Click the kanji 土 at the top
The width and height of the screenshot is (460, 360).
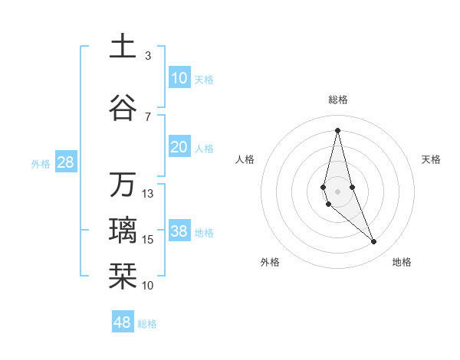coord(122,46)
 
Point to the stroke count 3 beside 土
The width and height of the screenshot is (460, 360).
coord(148,56)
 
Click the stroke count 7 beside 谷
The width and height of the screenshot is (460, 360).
coord(148,117)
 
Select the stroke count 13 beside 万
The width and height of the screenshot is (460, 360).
coord(148,194)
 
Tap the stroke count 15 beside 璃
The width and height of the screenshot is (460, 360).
coord(148,240)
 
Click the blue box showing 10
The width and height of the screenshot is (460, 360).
coord(179,77)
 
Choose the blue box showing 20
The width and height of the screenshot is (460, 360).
coord(179,147)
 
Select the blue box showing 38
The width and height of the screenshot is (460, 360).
coord(179,231)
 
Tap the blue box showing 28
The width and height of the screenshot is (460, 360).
coord(65,162)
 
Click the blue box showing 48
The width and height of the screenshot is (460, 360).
coord(122,322)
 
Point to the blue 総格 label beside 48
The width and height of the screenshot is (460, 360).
coord(147,324)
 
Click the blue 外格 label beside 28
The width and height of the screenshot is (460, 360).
coord(41,163)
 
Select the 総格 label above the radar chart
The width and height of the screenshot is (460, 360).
coord(337,100)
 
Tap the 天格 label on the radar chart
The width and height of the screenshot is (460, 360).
coord(431,159)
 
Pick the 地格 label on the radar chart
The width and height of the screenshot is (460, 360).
coord(402,262)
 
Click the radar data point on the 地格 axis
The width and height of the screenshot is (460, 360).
coord(374,242)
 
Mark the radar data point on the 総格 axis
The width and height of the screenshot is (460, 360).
coord(337,129)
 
